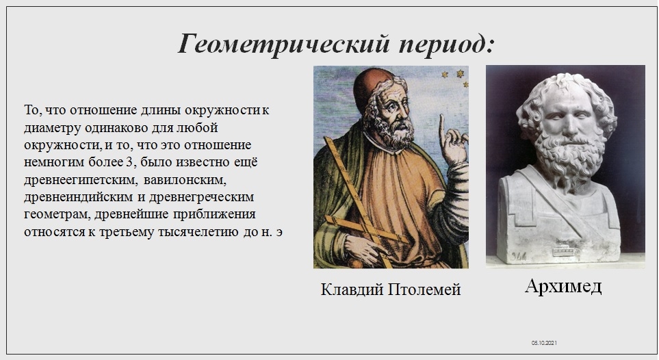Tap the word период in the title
pyautogui.click(x=447, y=44)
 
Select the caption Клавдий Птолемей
pyautogui.click(x=391, y=290)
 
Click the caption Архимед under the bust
pyautogui.click(x=563, y=287)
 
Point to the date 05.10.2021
pyautogui.click(x=544, y=343)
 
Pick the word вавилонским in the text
pyautogui.click(x=185, y=180)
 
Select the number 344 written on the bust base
pyautogui.click(x=519, y=256)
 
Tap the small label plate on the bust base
pyautogui.click(x=564, y=251)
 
